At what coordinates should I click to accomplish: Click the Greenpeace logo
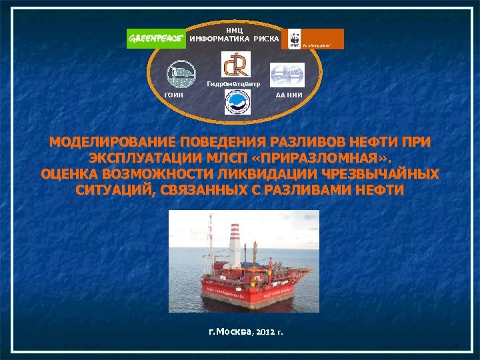click(157, 39)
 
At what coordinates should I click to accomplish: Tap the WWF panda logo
click(291, 39)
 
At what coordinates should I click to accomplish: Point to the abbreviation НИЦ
click(234, 30)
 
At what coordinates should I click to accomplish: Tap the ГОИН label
click(174, 95)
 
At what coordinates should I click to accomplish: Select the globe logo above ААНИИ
click(287, 74)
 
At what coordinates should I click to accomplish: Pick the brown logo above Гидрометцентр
click(237, 64)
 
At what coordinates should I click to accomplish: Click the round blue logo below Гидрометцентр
click(237, 102)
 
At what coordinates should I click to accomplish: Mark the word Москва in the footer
click(231, 331)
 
